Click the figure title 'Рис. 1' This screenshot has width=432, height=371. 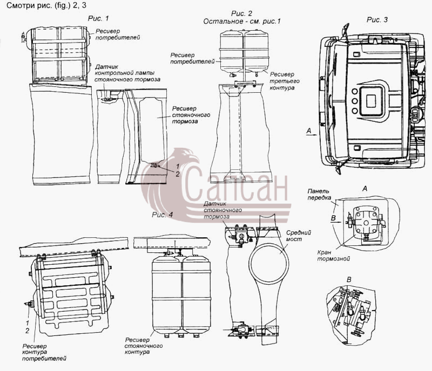(x=98, y=18)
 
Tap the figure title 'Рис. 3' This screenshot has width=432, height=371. (x=377, y=19)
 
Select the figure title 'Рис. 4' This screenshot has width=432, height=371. (x=163, y=215)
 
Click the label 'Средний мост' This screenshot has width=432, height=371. (x=298, y=236)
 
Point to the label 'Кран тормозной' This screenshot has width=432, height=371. (x=333, y=256)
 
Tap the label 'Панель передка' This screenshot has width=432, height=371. (x=319, y=194)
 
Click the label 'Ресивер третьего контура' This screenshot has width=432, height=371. (x=285, y=81)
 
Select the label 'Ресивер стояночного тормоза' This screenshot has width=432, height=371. (x=191, y=115)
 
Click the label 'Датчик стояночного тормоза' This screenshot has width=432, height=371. (x=222, y=210)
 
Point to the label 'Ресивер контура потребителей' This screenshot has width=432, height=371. (x=44, y=352)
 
